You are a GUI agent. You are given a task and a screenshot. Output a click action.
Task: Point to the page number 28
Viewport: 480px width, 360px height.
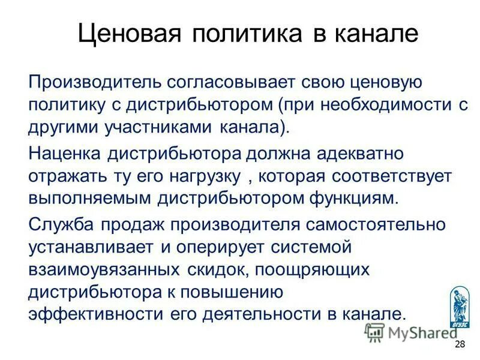point(460,344)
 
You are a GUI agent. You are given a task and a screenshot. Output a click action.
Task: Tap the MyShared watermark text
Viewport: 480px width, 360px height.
point(414,332)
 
